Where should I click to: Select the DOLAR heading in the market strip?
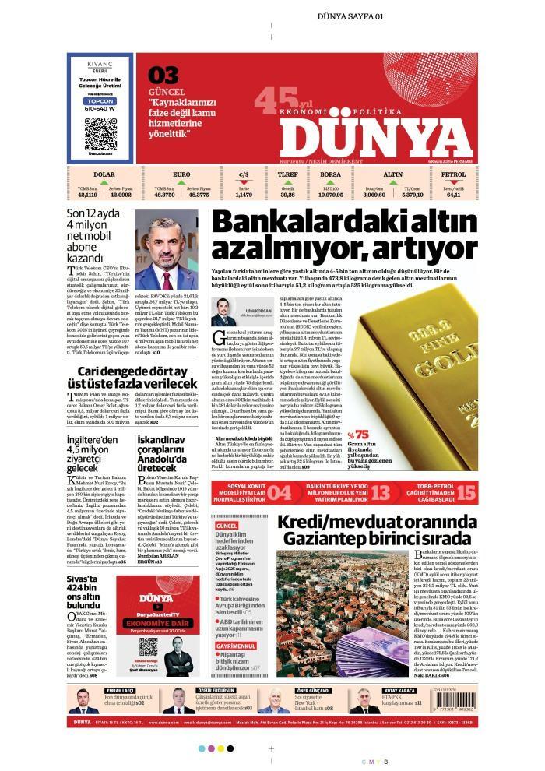[104, 174]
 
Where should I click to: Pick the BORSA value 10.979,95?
[331, 195]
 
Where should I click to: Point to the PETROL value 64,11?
[453, 195]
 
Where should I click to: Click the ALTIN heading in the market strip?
[393, 174]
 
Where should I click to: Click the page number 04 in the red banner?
[280, 491]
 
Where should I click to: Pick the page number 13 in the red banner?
[380, 491]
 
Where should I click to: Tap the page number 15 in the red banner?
[466, 491]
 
